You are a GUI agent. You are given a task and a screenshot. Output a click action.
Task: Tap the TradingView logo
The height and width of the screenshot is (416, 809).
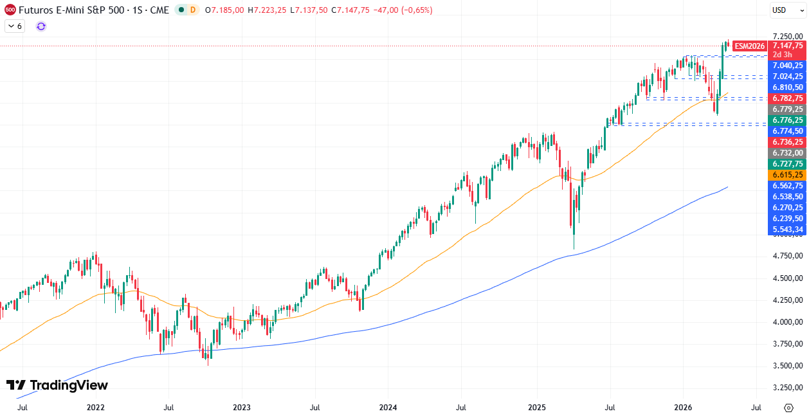(57, 385)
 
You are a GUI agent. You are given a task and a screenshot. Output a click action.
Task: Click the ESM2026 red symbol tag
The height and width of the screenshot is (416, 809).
(749, 46)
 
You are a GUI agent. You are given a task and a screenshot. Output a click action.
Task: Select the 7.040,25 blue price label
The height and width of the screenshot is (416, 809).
(788, 66)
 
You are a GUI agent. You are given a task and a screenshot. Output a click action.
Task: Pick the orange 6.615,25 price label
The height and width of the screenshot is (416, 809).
(788, 175)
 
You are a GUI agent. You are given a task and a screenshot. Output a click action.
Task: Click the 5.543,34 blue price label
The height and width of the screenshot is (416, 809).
(788, 230)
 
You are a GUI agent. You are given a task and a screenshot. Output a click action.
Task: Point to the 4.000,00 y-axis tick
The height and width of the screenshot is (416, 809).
(788, 321)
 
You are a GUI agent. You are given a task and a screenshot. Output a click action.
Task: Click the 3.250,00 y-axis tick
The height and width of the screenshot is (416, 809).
(788, 388)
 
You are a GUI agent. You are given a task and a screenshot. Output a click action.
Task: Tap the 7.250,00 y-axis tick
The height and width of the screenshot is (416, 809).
(788, 36)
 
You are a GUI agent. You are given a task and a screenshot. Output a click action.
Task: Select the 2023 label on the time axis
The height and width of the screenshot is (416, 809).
(242, 408)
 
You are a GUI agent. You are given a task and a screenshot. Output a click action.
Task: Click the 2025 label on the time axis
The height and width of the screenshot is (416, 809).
(536, 408)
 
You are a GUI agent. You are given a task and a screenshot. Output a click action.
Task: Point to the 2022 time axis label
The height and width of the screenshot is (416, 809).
(95, 408)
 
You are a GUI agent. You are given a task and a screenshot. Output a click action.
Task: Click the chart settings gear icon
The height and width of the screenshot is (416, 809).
(788, 408)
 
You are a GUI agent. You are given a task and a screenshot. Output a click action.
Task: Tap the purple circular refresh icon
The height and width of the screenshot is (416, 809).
(41, 26)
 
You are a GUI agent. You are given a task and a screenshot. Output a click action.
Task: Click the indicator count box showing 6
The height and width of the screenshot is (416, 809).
(15, 26)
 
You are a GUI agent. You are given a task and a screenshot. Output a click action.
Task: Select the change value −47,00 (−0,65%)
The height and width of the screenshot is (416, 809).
(403, 10)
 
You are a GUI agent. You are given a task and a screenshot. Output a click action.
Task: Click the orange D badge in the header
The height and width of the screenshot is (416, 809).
(192, 10)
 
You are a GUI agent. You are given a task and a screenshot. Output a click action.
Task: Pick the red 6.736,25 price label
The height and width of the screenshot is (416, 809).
(788, 142)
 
